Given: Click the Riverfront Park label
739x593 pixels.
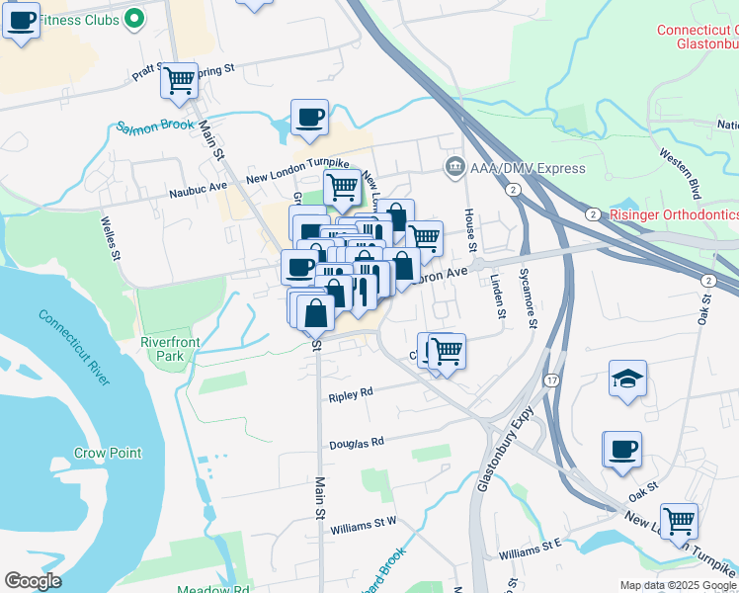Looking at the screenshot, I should [x=163, y=348].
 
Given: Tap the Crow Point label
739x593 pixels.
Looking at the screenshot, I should [x=108, y=454].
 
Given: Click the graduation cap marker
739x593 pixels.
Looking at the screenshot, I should [x=626, y=380].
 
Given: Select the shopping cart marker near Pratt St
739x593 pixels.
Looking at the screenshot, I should [x=179, y=79].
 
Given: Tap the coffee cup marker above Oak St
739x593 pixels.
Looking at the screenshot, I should [x=622, y=450].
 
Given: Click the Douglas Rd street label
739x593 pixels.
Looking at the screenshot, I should [x=356, y=444].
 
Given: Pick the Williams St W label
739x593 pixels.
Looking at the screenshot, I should [x=364, y=520].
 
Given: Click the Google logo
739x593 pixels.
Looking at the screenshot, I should [x=33, y=581].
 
